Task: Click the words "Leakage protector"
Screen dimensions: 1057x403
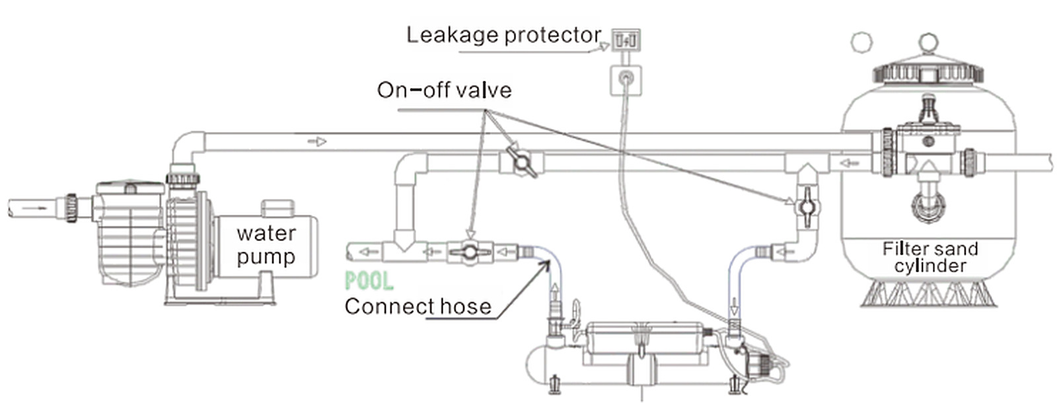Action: [504, 35]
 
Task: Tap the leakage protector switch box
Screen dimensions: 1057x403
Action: [626, 40]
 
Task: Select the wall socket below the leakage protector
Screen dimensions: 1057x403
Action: [626, 81]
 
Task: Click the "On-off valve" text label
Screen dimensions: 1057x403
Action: [444, 90]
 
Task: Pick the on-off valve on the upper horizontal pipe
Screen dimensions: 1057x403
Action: [521, 162]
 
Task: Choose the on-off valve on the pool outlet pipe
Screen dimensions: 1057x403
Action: [470, 252]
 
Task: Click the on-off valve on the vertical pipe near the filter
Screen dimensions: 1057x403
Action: [807, 207]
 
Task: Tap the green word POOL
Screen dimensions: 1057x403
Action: [369, 281]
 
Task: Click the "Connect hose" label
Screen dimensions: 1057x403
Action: [418, 307]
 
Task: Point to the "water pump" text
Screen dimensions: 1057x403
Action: [267, 245]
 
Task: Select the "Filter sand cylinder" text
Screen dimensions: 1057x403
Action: [930, 257]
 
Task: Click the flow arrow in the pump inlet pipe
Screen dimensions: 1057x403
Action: [34, 207]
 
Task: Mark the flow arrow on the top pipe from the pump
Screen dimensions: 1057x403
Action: [317, 141]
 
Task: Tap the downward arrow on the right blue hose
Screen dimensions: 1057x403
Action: [734, 307]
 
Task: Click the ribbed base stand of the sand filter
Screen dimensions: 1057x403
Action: [929, 293]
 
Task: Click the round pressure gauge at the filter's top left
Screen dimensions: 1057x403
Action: [861, 42]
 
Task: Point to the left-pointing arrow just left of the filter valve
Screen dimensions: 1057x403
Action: [850, 163]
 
